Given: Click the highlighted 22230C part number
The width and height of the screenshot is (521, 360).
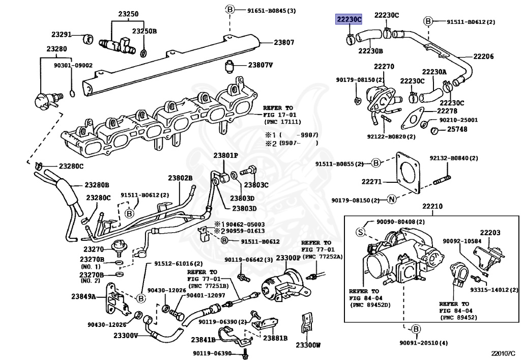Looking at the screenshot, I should tap(348, 19).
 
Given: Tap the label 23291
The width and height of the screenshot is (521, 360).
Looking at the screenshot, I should tap(62, 35).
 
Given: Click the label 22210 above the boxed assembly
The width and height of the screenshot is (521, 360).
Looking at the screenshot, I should tap(432, 207).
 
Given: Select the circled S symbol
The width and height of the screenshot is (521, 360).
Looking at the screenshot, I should tap(360, 232).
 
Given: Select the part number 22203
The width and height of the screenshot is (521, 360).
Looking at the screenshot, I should tap(490, 233).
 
